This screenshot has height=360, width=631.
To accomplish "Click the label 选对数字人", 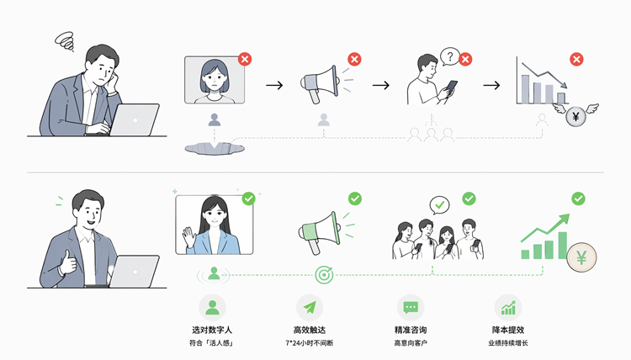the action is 212,330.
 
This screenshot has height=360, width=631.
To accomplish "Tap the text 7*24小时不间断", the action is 309,343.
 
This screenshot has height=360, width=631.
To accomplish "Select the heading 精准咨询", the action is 411,330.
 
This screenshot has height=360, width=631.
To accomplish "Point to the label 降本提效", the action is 508,330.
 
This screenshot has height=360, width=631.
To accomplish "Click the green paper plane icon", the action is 310,308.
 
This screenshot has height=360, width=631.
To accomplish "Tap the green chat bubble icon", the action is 411,308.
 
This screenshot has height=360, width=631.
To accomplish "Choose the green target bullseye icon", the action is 324,275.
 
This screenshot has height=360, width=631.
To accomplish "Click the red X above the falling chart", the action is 576,60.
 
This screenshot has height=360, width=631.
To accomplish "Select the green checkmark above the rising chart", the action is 578,199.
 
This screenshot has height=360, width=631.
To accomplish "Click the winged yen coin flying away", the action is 575,117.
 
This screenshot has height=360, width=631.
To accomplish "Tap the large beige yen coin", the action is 581,257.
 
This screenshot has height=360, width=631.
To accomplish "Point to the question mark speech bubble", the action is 449,57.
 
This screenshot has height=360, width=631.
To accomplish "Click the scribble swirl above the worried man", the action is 65,41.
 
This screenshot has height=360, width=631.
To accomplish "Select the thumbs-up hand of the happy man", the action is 67,263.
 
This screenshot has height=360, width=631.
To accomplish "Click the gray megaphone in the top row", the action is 321,84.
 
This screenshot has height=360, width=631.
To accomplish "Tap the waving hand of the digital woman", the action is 188,237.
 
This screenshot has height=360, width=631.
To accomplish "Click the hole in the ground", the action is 215,148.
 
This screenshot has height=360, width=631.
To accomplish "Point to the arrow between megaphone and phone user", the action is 380,85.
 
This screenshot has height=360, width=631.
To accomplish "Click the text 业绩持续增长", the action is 508,343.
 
